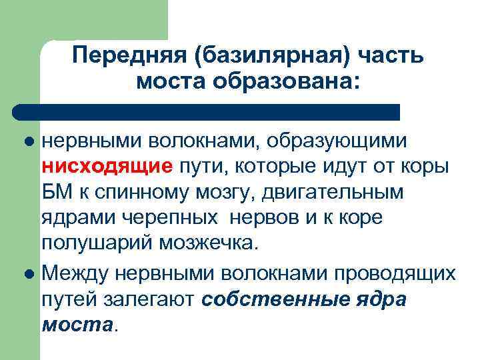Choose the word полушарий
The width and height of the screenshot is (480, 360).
tap(97, 243)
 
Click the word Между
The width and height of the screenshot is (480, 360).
tap(75, 272)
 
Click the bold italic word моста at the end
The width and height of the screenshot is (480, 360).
tap(77, 325)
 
